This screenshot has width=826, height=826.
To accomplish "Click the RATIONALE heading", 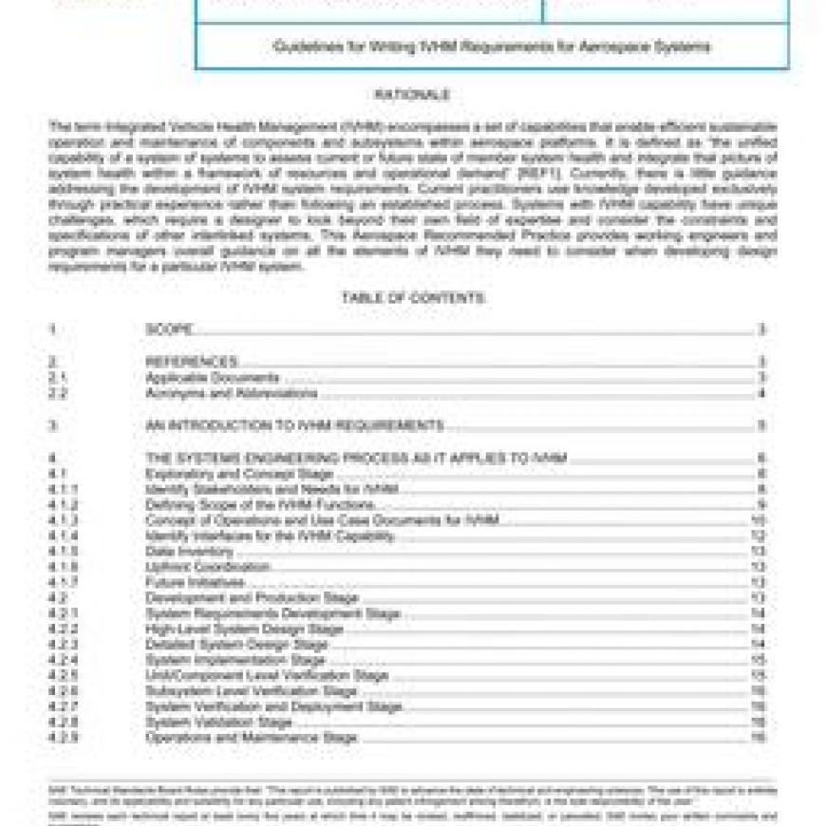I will (x=412, y=95).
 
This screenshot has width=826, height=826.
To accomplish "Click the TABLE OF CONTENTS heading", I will (x=412, y=298).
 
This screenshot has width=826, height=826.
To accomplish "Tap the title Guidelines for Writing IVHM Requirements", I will (x=492, y=47).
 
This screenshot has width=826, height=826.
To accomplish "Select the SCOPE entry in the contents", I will (x=169, y=329).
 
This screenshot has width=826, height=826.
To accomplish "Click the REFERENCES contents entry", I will (x=191, y=362).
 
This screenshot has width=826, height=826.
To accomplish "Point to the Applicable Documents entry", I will (x=212, y=378).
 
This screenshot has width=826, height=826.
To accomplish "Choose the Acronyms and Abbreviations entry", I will (x=231, y=393).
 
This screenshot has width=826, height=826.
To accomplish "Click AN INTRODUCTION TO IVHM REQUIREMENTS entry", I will (x=294, y=425).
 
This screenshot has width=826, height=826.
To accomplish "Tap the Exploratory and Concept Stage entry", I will (x=239, y=474).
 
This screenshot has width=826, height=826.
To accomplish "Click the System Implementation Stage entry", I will (x=235, y=660).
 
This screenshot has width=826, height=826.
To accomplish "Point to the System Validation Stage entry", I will (x=218, y=723).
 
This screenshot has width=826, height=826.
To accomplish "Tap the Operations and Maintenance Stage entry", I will (x=251, y=738).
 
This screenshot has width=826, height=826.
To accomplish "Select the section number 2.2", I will (x=58, y=393).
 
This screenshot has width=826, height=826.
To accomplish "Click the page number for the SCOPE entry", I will (x=761, y=329).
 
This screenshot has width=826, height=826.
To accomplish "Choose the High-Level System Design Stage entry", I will (x=244, y=629).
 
